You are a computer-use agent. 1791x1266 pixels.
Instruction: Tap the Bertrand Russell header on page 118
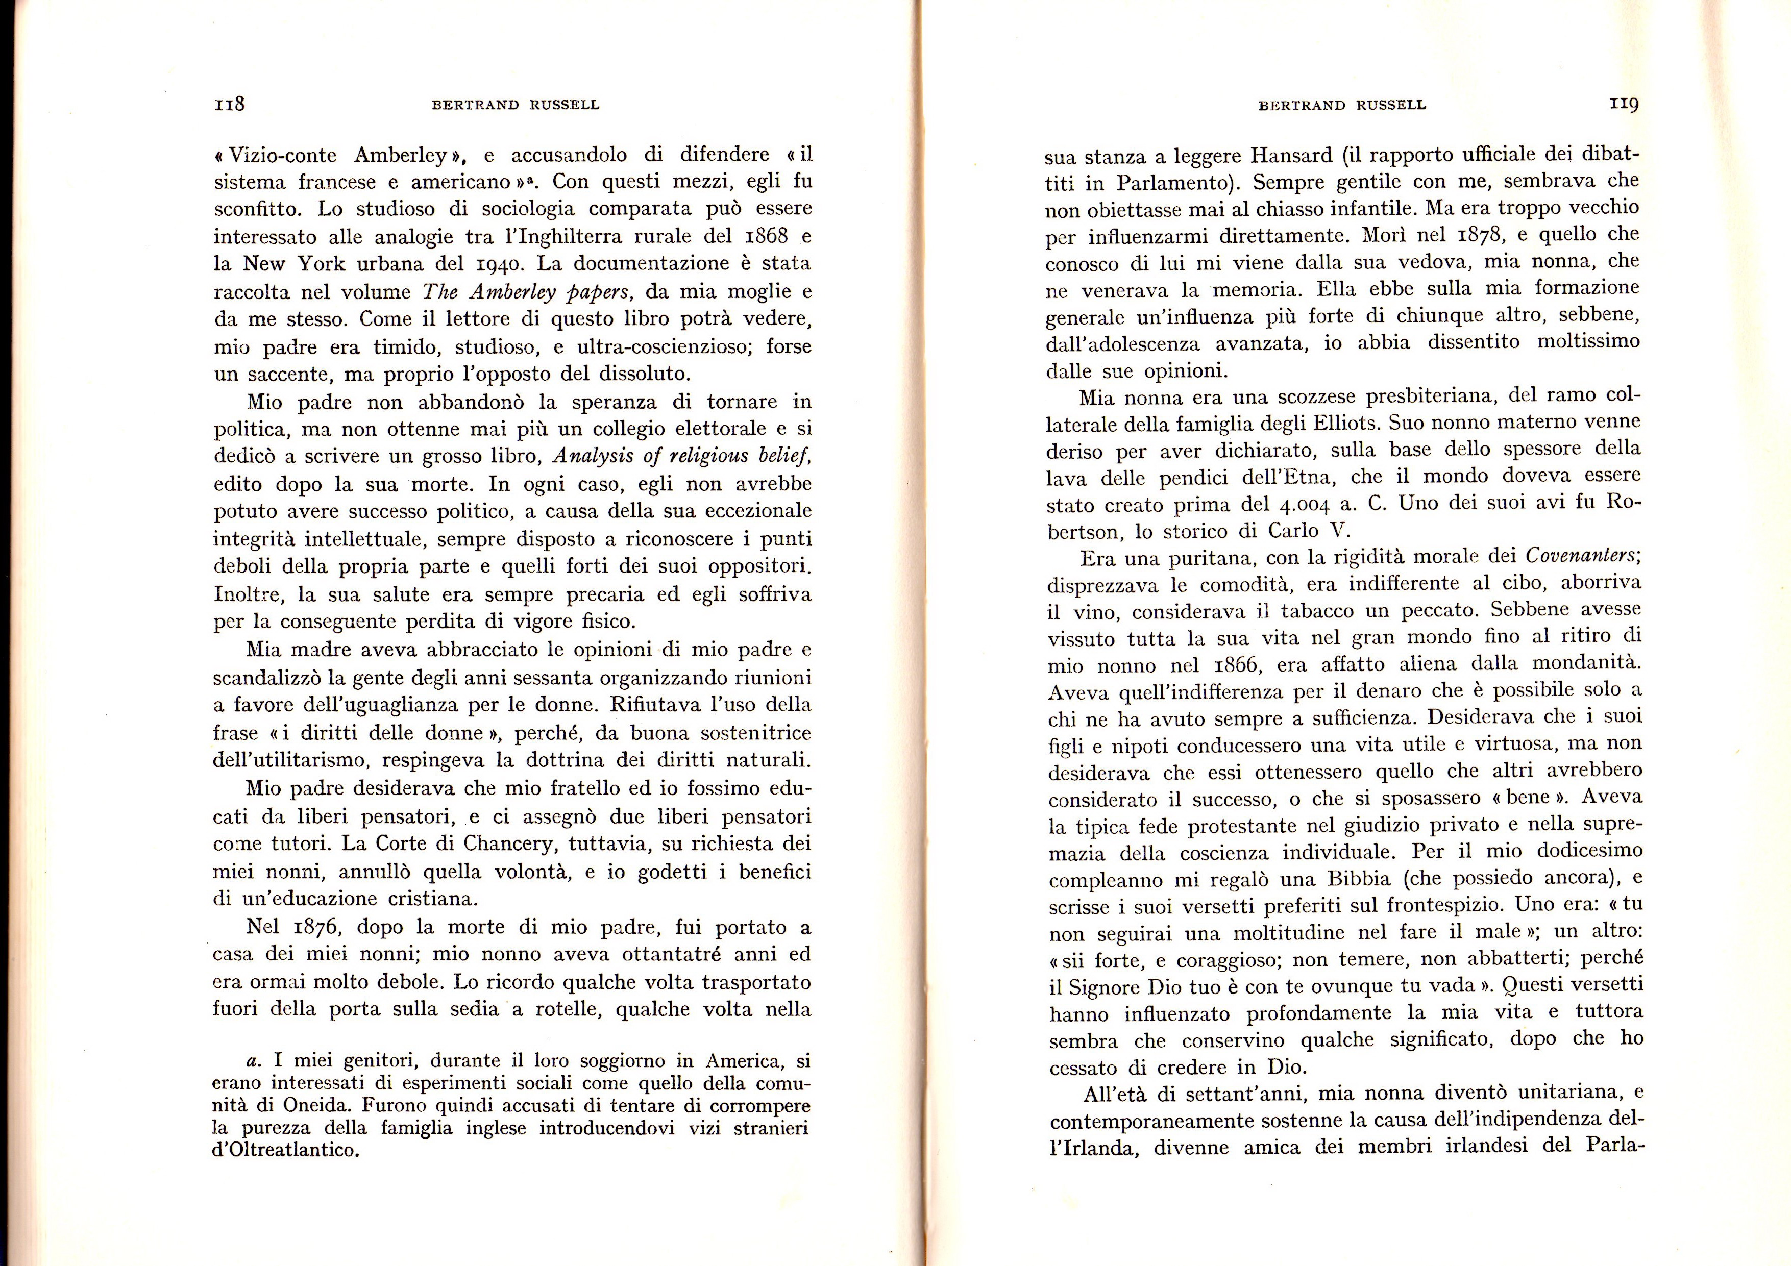[x=516, y=105]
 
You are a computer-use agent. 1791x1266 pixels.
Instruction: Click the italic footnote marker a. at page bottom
[x=252, y=1061]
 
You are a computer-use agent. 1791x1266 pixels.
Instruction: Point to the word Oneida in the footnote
[x=316, y=1106]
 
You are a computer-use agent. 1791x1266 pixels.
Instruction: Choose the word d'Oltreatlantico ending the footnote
[x=285, y=1151]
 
